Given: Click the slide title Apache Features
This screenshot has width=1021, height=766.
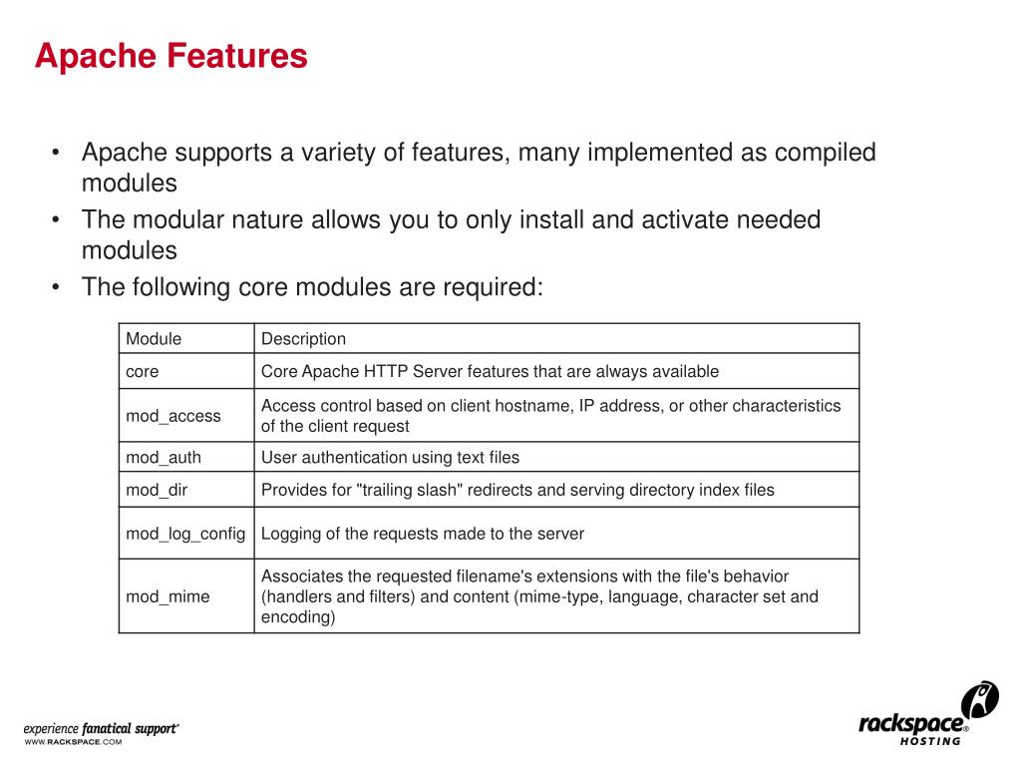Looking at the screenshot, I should (170, 56).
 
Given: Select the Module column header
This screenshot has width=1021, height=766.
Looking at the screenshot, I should (154, 339).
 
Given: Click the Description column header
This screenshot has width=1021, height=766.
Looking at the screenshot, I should (303, 339).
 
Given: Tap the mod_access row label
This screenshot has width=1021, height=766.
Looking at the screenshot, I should (173, 416).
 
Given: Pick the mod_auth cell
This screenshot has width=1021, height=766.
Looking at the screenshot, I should (164, 458).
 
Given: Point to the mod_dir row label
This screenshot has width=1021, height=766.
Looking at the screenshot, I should (157, 490).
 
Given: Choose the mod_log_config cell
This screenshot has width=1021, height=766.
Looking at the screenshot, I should (185, 534).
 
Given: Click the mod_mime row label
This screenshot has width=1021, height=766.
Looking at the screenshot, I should (168, 596).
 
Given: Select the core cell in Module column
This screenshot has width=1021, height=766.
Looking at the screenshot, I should (143, 372).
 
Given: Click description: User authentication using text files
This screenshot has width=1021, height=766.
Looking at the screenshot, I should (390, 458).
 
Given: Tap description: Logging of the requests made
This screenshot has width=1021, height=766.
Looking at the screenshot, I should (423, 534).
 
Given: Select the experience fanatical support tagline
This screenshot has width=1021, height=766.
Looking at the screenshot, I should (102, 729).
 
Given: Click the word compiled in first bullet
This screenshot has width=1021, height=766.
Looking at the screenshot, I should (825, 153).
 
